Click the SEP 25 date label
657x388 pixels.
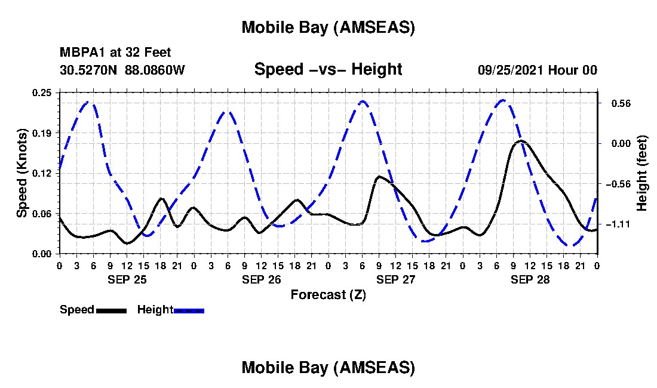[127, 279]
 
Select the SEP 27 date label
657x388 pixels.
[395, 279]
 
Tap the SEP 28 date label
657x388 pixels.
[530, 279]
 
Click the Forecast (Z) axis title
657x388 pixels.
[328, 294]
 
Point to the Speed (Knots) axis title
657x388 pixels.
[22, 173]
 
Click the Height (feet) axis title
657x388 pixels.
[643, 173]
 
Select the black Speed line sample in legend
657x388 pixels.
[110, 310]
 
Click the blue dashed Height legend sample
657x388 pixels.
[189, 310]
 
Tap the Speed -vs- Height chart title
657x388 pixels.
[328, 69]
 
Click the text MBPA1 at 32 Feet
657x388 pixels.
[115, 53]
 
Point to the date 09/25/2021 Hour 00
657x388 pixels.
[537, 70]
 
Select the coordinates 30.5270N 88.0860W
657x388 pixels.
[122, 70]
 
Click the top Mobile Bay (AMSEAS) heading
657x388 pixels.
[328, 27]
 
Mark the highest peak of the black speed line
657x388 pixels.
[521, 141]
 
